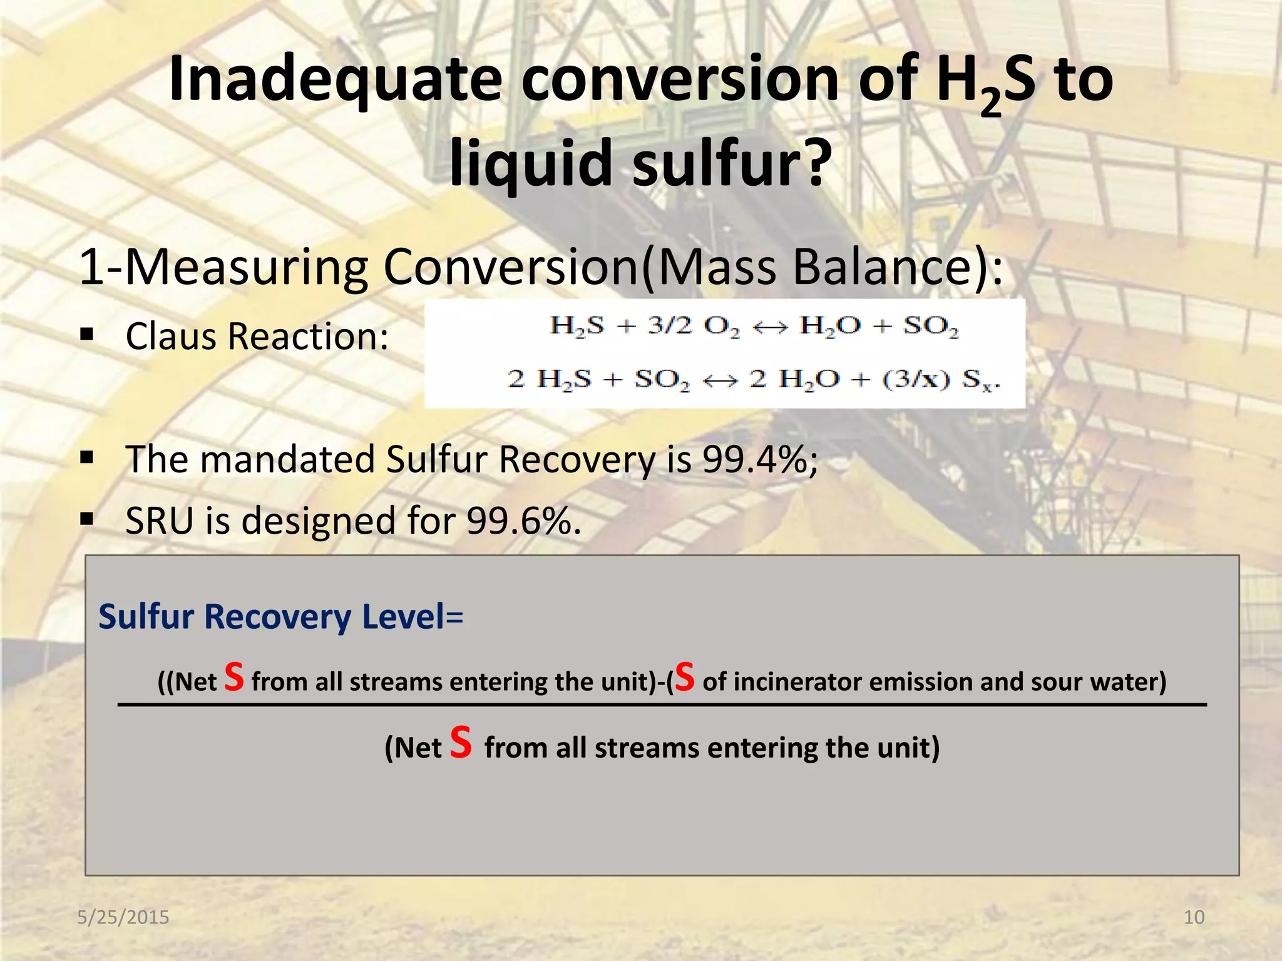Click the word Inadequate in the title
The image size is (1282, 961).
(x=335, y=80)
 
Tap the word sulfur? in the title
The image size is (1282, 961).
(x=732, y=164)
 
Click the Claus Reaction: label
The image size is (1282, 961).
(x=257, y=337)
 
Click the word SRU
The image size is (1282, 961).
(x=160, y=521)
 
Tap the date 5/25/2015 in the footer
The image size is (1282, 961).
(x=123, y=917)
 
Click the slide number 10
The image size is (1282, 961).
(x=1194, y=917)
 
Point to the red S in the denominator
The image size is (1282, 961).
(x=461, y=743)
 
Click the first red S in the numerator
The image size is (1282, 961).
(x=234, y=677)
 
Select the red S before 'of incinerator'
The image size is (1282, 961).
(x=685, y=677)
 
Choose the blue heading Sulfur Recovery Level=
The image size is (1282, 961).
(x=280, y=617)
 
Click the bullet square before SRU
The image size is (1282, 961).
(x=87, y=519)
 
